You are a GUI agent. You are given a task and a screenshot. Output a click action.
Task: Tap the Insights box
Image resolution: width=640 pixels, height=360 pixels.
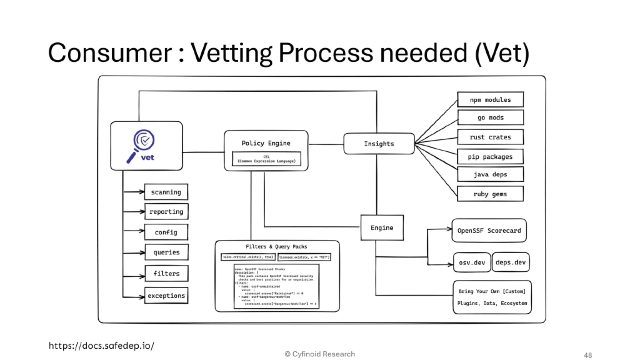pos(379,144)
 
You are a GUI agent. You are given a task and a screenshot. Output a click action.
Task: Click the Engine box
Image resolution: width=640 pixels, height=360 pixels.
pos(382,228)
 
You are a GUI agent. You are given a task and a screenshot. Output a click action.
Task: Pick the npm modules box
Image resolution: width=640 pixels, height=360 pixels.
pos(490,100)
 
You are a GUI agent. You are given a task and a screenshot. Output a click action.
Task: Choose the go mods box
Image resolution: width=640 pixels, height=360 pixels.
pos(490,117)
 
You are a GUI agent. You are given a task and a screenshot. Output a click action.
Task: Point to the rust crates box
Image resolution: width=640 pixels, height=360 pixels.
pos(490,137)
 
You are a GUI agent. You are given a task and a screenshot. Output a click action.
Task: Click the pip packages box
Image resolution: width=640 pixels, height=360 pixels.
pos(490,157)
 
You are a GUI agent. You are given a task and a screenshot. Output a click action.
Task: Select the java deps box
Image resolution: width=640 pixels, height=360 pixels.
pos(490,174)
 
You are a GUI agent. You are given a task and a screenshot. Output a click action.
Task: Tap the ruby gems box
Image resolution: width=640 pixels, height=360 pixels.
pos(490,194)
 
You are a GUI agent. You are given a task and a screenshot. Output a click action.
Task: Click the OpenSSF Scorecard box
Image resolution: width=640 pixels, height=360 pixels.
pos(489,231)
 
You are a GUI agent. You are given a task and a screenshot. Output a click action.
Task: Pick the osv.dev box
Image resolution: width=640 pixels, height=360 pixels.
pos(471,262)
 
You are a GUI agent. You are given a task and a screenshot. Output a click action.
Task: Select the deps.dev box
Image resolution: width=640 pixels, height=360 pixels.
pos(511,262)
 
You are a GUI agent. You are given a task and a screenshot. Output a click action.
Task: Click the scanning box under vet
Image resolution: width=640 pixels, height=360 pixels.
pos(166,192)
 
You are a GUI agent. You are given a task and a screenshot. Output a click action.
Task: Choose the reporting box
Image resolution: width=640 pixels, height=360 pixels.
pos(166,212)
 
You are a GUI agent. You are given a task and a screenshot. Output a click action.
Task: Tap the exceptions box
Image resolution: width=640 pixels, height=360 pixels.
pos(166,296)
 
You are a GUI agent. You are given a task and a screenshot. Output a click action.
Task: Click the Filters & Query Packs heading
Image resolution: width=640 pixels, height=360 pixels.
pos(276,246)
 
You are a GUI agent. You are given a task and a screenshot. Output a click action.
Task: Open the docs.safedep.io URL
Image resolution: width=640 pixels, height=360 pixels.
pos(101,345)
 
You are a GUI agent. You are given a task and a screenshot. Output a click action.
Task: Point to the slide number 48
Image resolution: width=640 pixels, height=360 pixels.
pos(587,355)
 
